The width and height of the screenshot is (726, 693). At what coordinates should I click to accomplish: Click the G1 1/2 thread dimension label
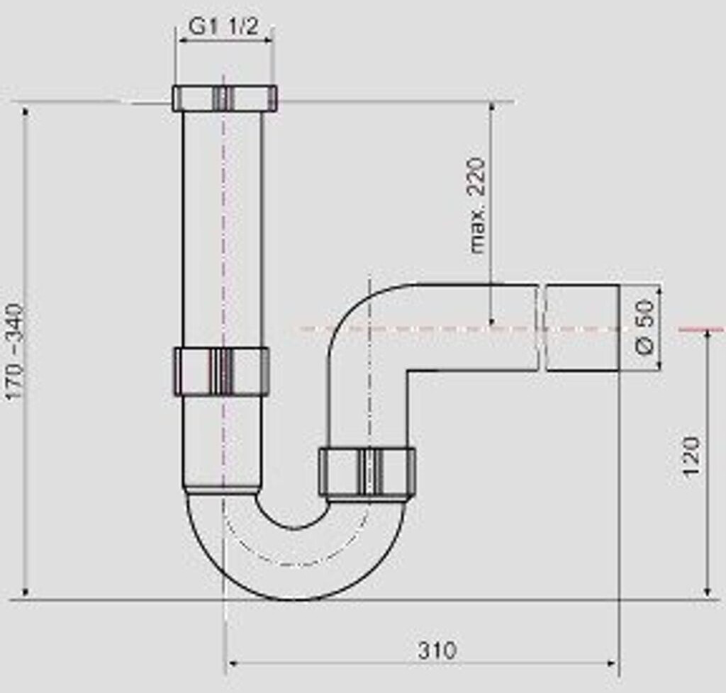coord(223,26)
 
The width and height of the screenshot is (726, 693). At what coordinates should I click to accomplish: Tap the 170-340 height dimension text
coord(15,352)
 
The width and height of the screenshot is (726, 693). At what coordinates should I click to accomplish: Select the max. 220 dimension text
coord(479,205)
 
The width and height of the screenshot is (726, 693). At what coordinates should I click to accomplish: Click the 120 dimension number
coord(691,457)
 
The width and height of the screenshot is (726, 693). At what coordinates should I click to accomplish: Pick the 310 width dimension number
coord(437,650)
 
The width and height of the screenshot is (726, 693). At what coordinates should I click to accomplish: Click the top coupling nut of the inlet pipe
coord(224,98)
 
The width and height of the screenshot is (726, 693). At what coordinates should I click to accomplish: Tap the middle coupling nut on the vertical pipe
coord(221,371)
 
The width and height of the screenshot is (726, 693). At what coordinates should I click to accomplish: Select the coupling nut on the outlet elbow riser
coord(367,472)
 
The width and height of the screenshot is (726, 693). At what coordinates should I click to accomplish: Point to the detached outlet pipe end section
coord(582,327)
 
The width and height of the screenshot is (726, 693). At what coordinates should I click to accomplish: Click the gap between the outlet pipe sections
coord(541,327)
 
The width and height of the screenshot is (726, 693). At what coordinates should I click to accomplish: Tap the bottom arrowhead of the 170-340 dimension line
coord(26,592)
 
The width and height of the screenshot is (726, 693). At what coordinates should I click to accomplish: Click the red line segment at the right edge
coord(701,329)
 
